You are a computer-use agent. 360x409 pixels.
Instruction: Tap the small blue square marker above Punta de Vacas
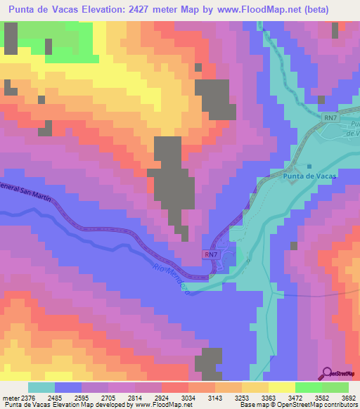pos(309,165)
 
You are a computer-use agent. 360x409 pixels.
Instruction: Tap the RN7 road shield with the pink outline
pos(211,254)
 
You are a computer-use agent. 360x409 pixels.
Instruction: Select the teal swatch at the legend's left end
pos(41,387)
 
